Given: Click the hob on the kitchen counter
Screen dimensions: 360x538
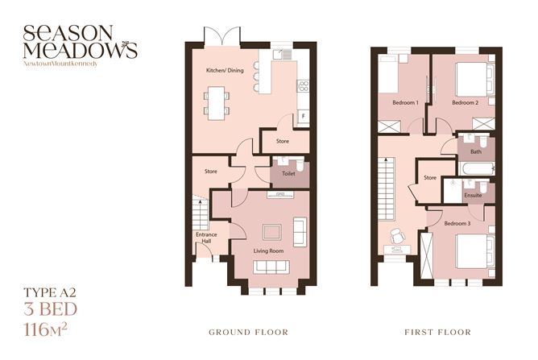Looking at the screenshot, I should pyautogui.click(x=303, y=85).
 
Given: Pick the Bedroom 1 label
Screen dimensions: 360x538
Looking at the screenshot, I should pyautogui.click(x=405, y=103).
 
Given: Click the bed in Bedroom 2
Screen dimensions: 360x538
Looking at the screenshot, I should pyautogui.click(x=470, y=80).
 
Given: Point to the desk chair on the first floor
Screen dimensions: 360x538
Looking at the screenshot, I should pyautogui.click(x=396, y=237).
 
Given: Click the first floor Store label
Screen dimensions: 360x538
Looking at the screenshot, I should pyautogui.click(x=429, y=178).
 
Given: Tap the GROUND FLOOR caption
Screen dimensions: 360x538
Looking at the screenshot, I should pyautogui.click(x=248, y=332).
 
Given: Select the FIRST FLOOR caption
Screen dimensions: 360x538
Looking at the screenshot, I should pyautogui.click(x=439, y=332).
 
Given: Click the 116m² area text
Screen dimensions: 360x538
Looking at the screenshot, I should pyautogui.click(x=51, y=328).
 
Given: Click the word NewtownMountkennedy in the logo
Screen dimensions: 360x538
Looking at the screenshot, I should pyautogui.click(x=61, y=62).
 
